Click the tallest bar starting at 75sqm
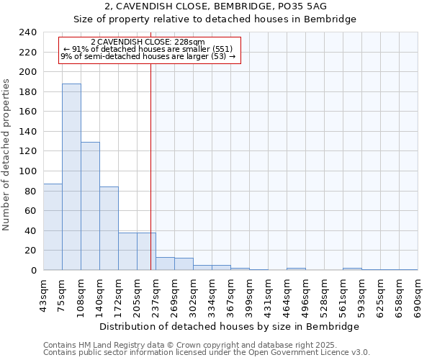(71, 176)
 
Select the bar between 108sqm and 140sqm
(90, 206)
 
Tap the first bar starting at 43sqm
(53, 227)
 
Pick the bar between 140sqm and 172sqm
(109, 228)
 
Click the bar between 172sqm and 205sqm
(127, 251)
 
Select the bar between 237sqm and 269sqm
(165, 264)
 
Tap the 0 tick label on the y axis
(33, 270)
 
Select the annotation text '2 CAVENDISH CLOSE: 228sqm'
(148, 42)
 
